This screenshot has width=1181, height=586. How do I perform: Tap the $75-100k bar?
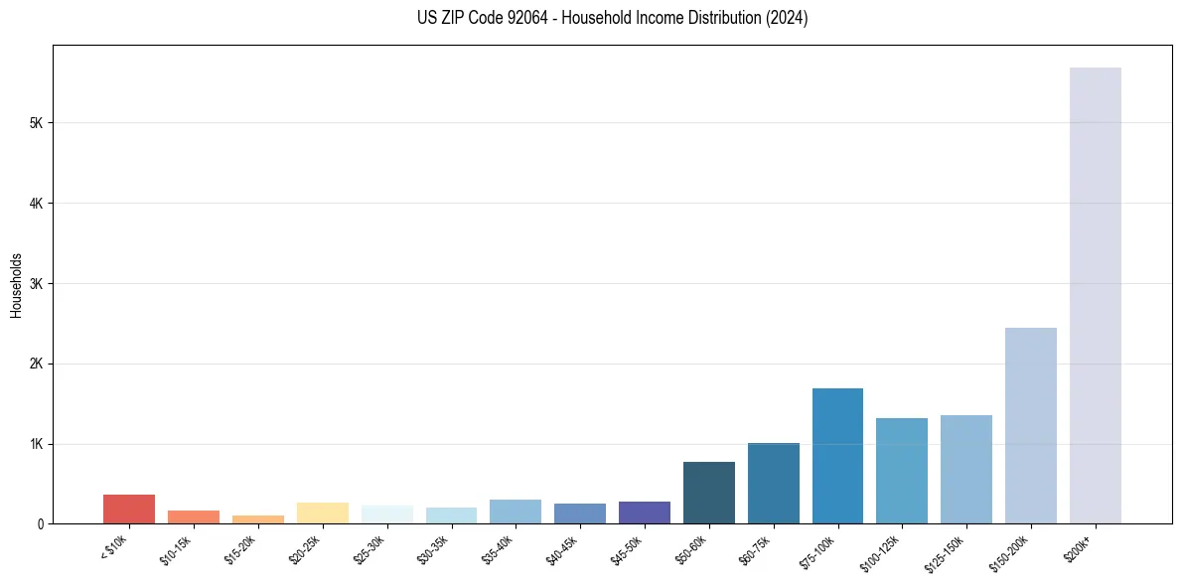coord(837,456)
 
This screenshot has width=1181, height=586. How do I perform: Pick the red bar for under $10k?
coord(129,509)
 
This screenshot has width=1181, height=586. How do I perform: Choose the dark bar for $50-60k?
coord(708,493)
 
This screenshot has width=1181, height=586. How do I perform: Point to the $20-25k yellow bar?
coord(322,513)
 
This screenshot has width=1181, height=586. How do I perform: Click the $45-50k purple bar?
coord(644,513)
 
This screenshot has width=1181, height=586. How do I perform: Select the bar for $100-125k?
coord(902,471)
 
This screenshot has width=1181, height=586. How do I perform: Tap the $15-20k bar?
coord(257,519)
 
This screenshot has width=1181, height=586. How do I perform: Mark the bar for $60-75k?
coord(773,483)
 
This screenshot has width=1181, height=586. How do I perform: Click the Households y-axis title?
coord(17,284)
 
